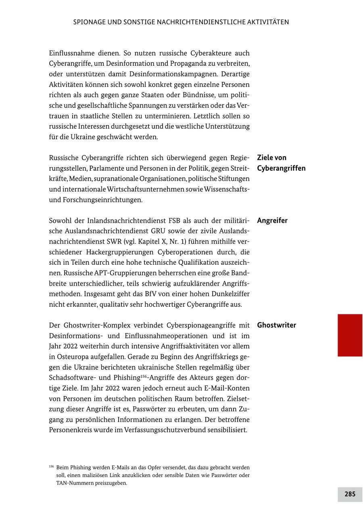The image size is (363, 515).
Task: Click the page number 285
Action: [350, 494]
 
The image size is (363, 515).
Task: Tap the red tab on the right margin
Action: [350, 335]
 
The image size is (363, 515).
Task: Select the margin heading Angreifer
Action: [272, 220]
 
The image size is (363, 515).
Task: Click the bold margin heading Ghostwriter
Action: [276, 325]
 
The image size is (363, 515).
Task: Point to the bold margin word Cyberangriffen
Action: [281, 168]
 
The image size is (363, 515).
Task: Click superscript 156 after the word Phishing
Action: [144, 376]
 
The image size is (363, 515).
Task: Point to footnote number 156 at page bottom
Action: [51, 466]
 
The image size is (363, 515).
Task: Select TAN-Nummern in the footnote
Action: [75, 483]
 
